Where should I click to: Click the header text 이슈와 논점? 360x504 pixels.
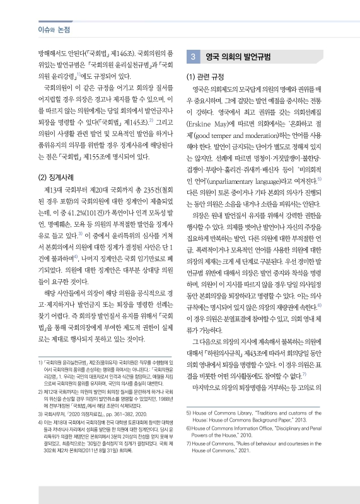[x=37, y=30]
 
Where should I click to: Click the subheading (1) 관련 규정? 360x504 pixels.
[x=207, y=78]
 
